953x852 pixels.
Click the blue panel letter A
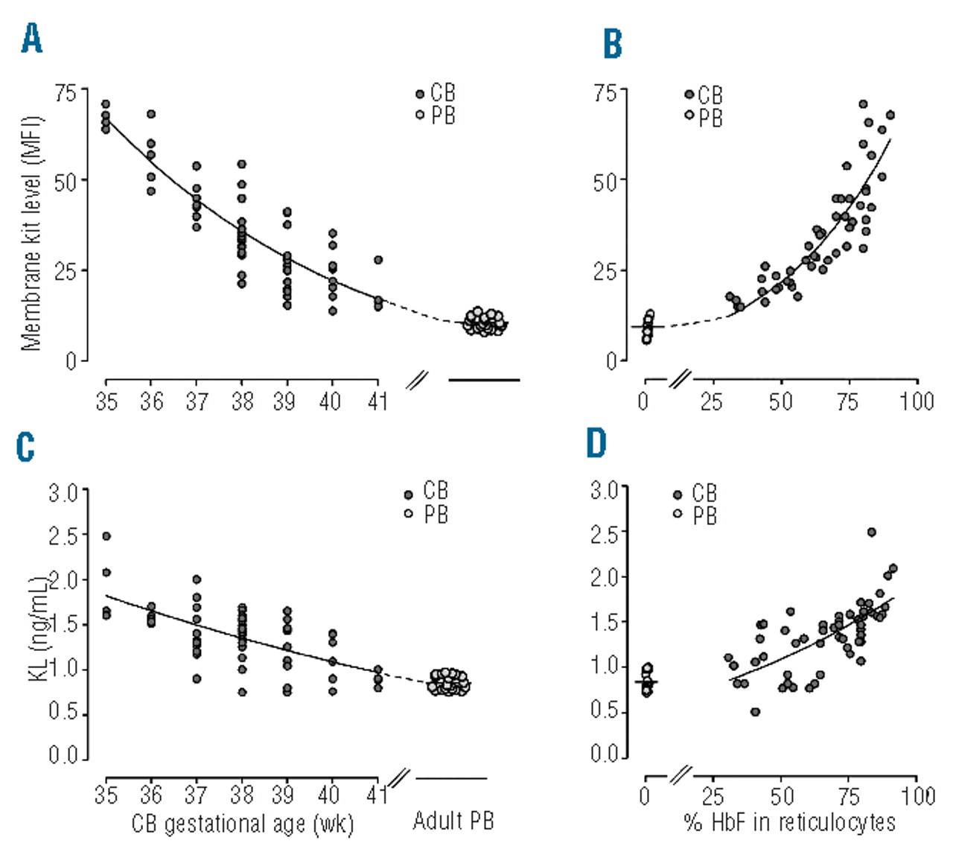click(32, 38)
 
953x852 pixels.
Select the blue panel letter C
click(25, 446)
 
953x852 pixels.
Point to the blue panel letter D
click(596, 443)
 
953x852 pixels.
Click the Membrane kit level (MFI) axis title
click(31, 233)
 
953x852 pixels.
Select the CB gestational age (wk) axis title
click(243, 824)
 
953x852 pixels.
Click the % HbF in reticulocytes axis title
click(789, 822)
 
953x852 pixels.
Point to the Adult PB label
click(453, 821)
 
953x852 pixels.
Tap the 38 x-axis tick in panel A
click(242, 402)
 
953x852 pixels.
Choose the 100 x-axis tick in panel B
click(917, 402)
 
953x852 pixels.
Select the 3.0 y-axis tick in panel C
click(63, 492)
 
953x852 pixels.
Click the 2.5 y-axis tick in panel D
click(605, 534)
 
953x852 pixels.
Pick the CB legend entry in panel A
click(436, 93)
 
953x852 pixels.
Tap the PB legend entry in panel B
click(704, 117)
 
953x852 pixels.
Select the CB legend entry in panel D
click(696, 493)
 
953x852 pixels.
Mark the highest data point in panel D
click(871, 532)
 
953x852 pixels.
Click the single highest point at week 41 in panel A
click(378, 260)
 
